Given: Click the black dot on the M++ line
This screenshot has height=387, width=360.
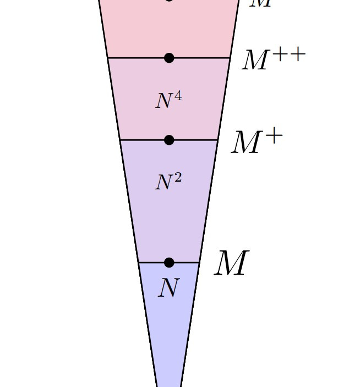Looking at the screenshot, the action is click(x=169, y=58).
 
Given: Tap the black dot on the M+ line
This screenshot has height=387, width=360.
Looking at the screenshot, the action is click(x=169, y=140).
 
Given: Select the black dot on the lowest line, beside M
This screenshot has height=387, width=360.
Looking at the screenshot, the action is click(x=169, y=263).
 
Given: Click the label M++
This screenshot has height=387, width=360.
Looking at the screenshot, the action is click(x=273, y=59).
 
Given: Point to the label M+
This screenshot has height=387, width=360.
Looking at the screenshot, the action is click(x=257, y=142).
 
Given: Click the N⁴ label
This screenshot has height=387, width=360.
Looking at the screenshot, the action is click(x=168, y=101).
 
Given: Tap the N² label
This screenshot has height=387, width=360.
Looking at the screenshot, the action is click(x=168, y=182).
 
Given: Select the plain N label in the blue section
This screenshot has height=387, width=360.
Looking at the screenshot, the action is click(x=168, y=287).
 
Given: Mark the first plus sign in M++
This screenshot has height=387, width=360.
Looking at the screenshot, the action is click(x=279, y=54).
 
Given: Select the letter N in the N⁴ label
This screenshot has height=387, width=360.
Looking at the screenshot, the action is click(x=164, y=102).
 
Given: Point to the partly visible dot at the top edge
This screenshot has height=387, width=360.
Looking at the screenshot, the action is click(x=169, y=1).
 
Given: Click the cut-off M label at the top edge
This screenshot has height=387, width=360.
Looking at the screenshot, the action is click(x=260, y=3).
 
